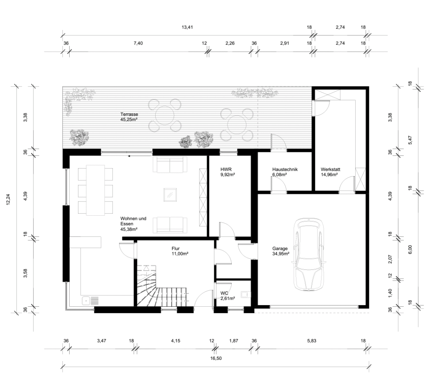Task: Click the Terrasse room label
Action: tap(129, 115)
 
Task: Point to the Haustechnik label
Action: tap(285, 169)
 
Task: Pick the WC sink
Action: tap(245, 295)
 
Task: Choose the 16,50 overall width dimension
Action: tap(216, 358)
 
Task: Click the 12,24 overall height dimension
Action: tap(8, 199)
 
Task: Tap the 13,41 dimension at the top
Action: tap(187, 27)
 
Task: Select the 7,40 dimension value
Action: tap(138, 43)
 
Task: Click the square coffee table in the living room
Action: tap(170, 195)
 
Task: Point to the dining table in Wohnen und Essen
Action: tap(95, 190)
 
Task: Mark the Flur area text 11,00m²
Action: tap(180, 254)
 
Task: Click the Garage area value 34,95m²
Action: tap(281, 254)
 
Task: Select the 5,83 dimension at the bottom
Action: tap(312, 340)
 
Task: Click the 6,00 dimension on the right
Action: tap(410, 249)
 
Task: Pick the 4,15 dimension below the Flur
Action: tap(175, 340)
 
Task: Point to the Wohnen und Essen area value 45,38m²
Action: tap(129, 229)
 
